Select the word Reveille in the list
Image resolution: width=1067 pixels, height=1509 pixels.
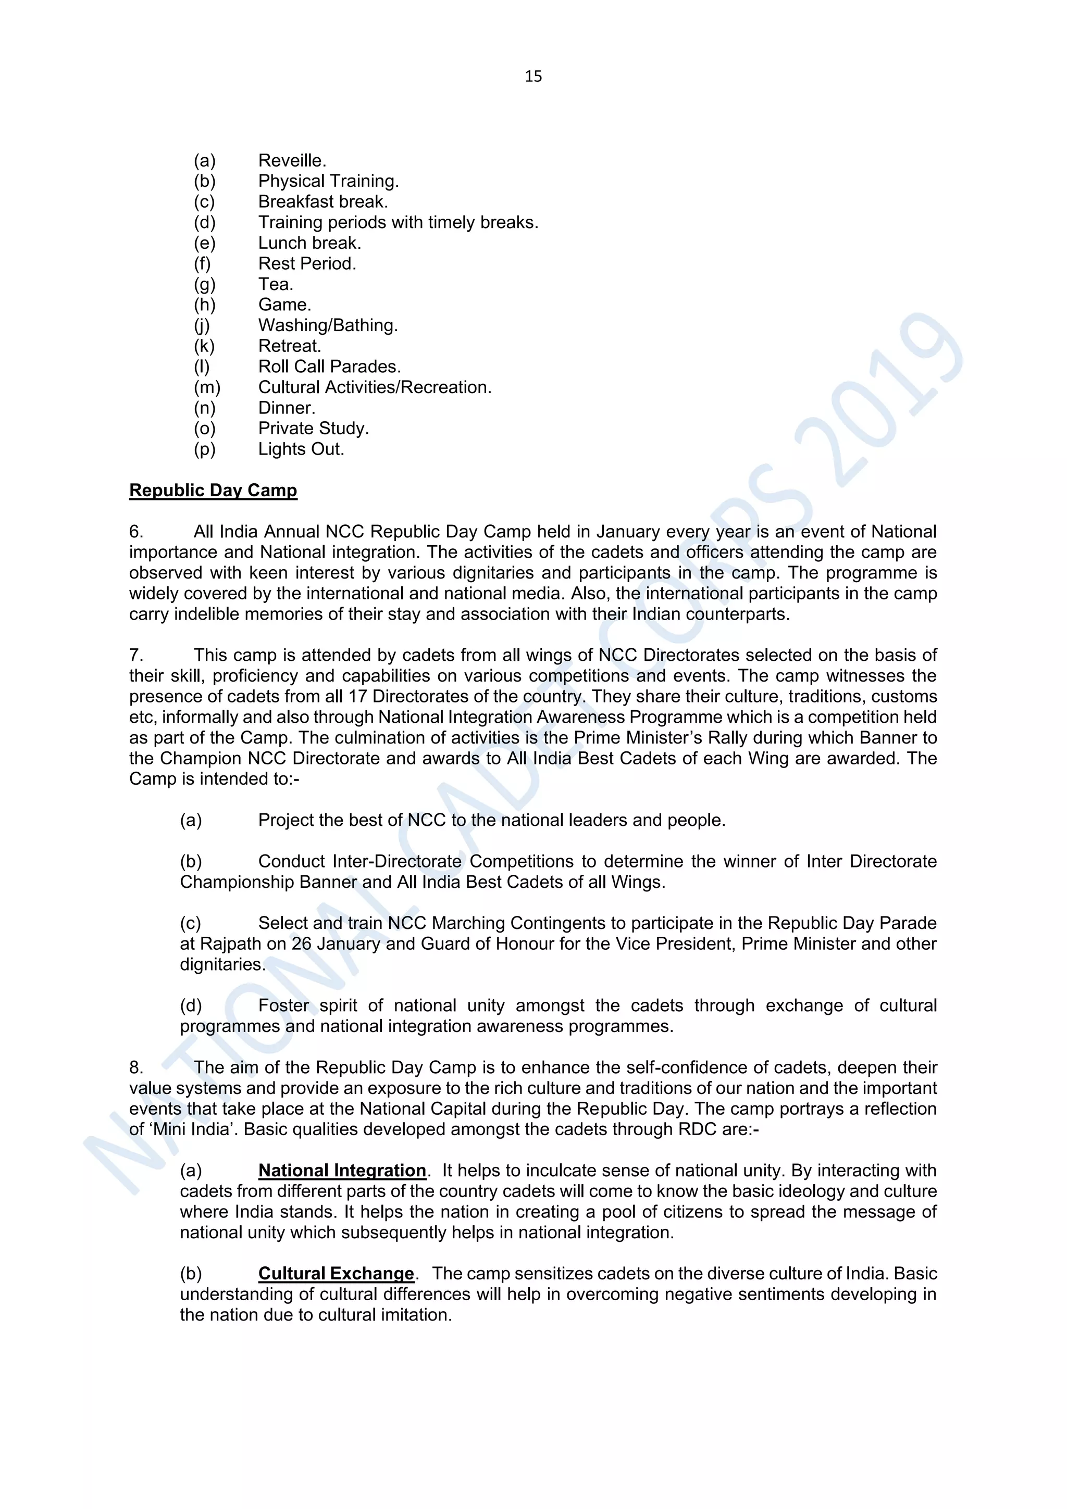click(291, 161)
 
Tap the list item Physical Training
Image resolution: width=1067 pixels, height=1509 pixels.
click(328, 181)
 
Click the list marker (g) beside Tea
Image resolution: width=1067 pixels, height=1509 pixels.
click(204, 285)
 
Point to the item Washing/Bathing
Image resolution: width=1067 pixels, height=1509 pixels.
click(327, 326)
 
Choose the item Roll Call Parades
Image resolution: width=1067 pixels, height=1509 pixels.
click(329, 367)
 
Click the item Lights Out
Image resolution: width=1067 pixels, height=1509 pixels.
click(301, 449)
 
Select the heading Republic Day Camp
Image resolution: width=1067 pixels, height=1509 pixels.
click(213, 491)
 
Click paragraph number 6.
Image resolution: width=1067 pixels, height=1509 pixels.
click(135, 532)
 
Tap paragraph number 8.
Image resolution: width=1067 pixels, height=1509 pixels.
click(135, 1068)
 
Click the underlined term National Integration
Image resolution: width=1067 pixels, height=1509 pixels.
click(342, 1171)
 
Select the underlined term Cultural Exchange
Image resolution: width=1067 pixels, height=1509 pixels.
click(336, 1274)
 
